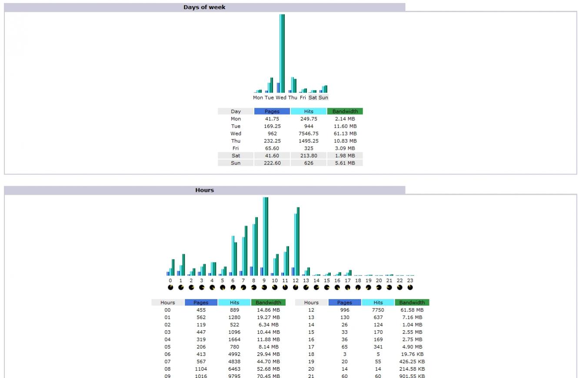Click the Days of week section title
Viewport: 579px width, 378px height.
point(204,7)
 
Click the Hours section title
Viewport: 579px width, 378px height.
point(204,190)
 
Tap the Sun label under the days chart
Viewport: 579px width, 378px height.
point(323,98)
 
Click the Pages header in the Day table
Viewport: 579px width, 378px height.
point(272,112)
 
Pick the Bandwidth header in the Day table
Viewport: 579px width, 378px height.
point(345,112)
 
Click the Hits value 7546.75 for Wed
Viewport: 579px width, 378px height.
point(309,134)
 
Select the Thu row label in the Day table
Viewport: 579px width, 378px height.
point(236,141)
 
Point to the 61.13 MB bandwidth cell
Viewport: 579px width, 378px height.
point(345,134)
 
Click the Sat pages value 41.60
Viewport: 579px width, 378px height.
point(272,156)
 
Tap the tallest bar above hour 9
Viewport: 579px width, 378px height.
point(265,237)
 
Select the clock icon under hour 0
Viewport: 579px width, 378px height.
point(170,287)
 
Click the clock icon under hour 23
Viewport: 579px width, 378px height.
point(410,287)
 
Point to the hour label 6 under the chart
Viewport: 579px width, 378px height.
point(233,281)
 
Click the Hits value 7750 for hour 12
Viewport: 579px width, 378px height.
point(378,310)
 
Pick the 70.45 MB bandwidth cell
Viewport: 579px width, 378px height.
point(268,376)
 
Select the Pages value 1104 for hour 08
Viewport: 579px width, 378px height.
point(201,369)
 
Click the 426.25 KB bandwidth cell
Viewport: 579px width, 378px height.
point(412,362)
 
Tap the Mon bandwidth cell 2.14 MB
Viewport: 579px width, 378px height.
point(345,119)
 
